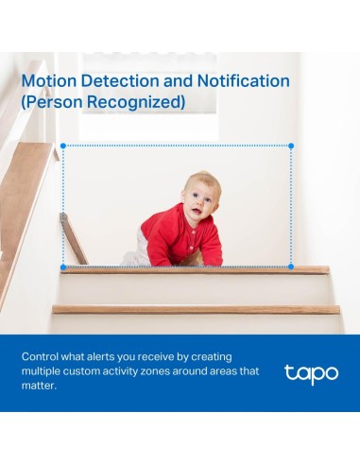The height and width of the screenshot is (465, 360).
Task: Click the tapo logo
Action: pos(311,372)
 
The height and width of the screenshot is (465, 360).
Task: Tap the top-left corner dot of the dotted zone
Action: pos(62,146)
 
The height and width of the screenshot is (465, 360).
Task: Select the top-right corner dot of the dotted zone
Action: pos(291,146)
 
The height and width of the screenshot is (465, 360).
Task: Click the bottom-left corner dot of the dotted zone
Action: pos(62,267)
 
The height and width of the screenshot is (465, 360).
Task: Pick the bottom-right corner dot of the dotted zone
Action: pos(291,267)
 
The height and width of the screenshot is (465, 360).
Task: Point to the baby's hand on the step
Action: pos(214,260)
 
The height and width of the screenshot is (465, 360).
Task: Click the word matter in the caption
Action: pos(41,386)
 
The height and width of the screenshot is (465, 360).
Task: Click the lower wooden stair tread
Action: pos(196,309)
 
